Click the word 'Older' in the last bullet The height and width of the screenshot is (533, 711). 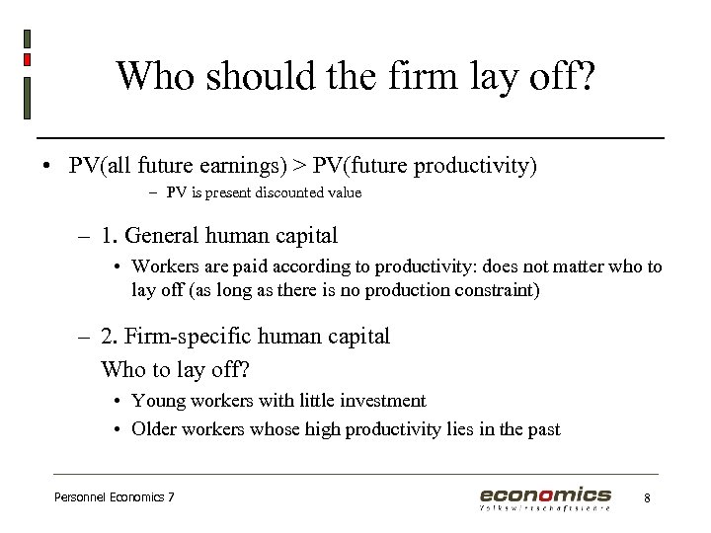point(156,429)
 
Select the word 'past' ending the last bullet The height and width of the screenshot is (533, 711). point(541,429)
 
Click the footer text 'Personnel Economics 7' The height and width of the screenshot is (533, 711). point(114,497)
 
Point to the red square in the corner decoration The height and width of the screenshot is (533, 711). point(27,59)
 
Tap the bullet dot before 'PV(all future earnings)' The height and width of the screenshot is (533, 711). point(46,165)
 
